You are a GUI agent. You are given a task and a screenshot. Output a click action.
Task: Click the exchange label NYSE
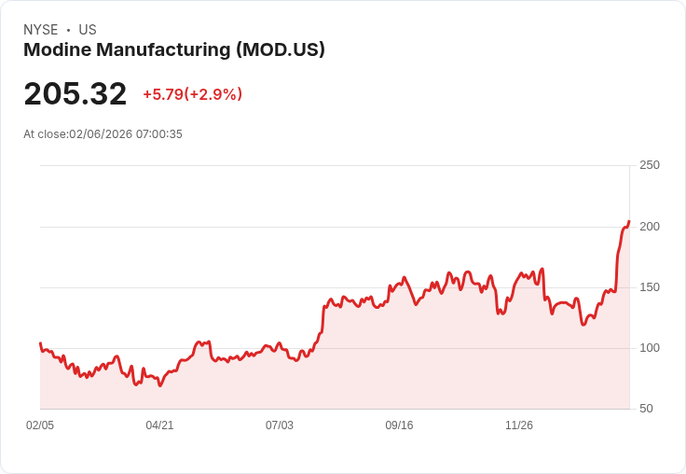pyautogui.click(x=40, y=30)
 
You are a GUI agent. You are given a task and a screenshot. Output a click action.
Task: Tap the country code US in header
pyautogui.click(x=88, y=30)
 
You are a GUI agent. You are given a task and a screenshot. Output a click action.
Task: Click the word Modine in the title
pyautogui.click(x=55, y=50)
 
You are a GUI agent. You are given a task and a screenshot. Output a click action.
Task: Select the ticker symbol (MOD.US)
pyautogui.click(x=281, y=50)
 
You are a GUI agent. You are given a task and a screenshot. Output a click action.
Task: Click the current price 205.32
pyautogui.click(x=75, y=94)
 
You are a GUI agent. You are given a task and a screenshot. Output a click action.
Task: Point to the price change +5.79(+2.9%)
pyautogui.click(x=192, y=94)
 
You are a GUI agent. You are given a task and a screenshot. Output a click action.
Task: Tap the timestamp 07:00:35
pyautogui.click(x=159, y=134)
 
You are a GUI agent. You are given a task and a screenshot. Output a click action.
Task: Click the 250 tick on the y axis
pyautogui.click(x=649, y=165)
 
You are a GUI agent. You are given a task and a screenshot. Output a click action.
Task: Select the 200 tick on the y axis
pyautogui.click(x=649, y=227)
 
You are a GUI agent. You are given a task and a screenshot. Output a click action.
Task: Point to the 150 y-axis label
pyautogui.click(x=649, y=287)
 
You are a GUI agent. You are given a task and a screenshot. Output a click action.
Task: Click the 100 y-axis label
pyautogui.click(x=649, y=348)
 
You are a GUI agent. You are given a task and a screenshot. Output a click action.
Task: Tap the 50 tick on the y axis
pyautogui.click(x=646, y=409)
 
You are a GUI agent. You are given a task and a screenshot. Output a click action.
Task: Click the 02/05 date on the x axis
pyautogui.click(x=40, y=425)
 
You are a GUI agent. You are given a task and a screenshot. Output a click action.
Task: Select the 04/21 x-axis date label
pyautogui.click(x=159, y=425)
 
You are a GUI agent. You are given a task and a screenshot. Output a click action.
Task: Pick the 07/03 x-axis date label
pyautogui.click(x=279, y=425)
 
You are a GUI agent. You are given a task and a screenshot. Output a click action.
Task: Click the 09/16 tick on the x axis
pyautogui.click(x=399, y=425)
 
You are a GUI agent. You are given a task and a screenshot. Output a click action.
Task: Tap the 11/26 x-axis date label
pyautogui.click(x=518, y=425)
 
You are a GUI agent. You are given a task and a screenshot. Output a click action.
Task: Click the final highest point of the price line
pyautogui.click(x=629, y=221)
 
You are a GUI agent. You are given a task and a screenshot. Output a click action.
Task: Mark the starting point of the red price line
pyautogui.click(x=40, y=343)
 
